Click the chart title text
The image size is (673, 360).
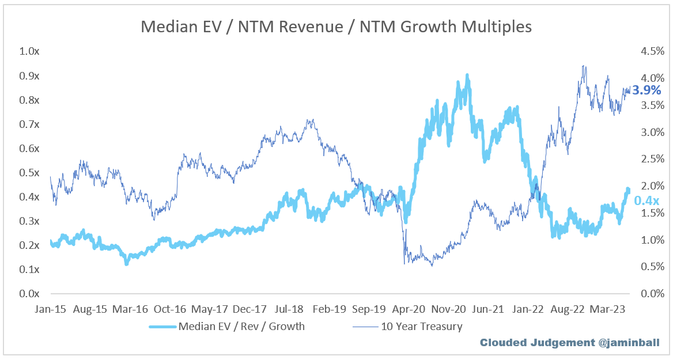(x=337, y=26)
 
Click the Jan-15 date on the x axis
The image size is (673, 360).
(x=51, y=309)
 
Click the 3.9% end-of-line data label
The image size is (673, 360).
(x=646, y=90)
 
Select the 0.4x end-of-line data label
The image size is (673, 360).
(x=646, y=200)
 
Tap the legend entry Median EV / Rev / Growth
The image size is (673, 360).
(x=241, y=327)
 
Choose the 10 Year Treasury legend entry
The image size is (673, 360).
(x=421, y=327)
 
